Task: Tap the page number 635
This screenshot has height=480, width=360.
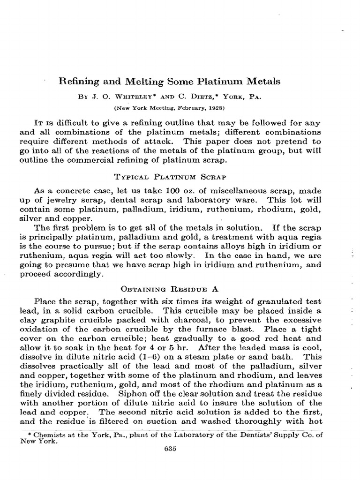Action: (170, 449)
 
